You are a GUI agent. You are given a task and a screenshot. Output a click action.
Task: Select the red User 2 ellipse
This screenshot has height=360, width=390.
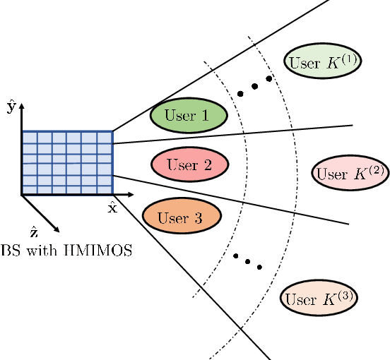(189, 166)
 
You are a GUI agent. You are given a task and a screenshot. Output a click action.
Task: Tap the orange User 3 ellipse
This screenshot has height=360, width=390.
(182, 216)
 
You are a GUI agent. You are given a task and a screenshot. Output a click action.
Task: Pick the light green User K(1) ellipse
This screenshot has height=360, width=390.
(324, 62)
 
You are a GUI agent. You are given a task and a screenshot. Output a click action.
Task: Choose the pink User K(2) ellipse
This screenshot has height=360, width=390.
(350, 173)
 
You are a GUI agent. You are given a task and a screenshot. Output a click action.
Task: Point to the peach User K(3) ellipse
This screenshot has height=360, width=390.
(319, 299)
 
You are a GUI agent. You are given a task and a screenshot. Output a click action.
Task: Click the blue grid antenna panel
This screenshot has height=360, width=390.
(67, 162)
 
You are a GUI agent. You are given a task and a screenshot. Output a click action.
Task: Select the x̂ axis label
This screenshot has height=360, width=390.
(112, 208)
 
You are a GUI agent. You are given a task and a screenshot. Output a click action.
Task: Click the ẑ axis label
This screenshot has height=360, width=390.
(33, 232)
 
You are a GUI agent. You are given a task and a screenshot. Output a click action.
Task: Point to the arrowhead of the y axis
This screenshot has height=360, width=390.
(22, 105)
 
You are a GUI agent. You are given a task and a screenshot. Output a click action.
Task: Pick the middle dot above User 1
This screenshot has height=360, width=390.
(254, 85)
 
